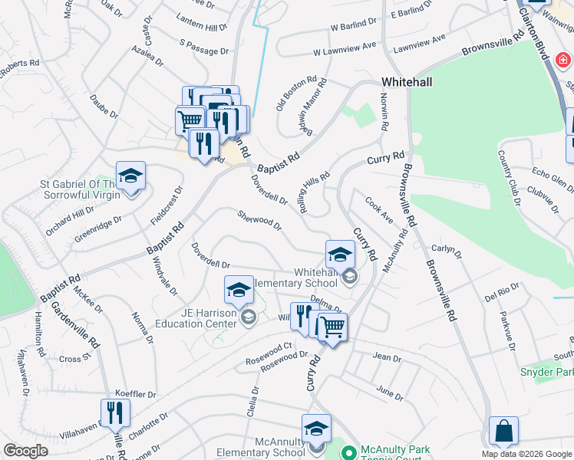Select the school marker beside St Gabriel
(x=130, y=176)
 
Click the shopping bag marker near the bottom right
(x=503, y=431)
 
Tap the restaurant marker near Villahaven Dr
(x=115, y=412)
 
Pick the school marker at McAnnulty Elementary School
(x=316, y=429)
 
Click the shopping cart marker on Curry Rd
(x=332, y=327)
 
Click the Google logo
(x=26, y=451)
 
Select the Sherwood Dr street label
(x=259, y=220)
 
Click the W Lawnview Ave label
(x=345, y=51)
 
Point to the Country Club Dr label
(x=510, y=173)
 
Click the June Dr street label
(x=390, y=393)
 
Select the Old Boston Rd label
(x=297, y=93)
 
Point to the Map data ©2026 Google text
(x=526, y=454)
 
